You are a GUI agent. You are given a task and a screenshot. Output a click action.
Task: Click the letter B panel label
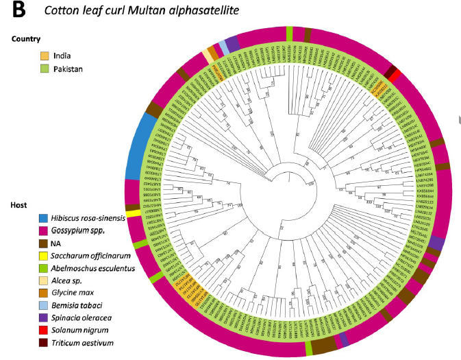[16, 11]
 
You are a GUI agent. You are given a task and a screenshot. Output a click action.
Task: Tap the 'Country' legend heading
[26, 40]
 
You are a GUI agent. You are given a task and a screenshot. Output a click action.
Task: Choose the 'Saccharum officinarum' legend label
[87, 256]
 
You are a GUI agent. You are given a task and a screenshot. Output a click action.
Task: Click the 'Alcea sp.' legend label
[62, 280]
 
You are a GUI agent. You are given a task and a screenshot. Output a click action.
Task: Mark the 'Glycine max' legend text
[68, 293]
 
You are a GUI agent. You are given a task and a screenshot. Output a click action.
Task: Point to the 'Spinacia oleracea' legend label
[78, 318]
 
